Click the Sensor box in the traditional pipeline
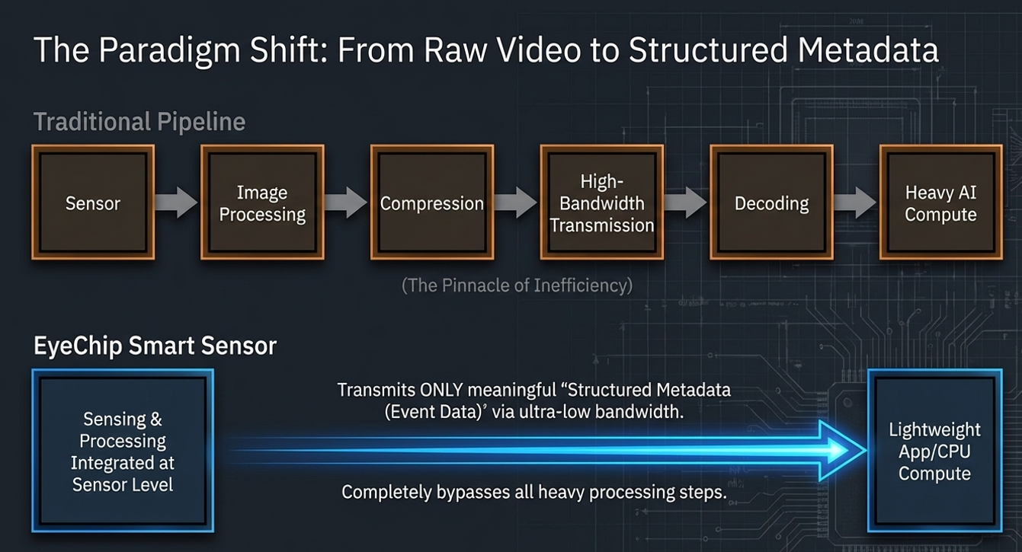[92, 203]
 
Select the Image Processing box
[262, 203]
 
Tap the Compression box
[431, 203]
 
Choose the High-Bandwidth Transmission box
[601, 203]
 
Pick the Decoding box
[771, 203]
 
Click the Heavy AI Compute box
[940, 203]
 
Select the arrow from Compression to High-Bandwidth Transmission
[516, 203]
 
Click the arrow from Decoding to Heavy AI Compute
[855, 203]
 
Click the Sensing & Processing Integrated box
[123, 451]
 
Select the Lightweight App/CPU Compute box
[934, 451]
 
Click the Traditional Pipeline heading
[139, 122]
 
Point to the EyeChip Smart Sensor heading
[155, 346]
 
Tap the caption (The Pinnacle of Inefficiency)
[517, 286]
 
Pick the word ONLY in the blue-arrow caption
[441, 390]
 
